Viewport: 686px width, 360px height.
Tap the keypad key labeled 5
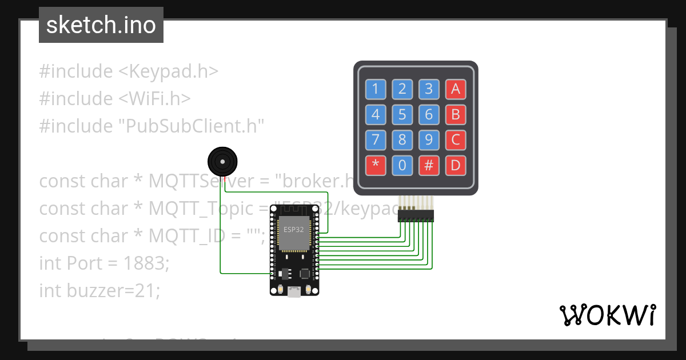(x=402, y=114)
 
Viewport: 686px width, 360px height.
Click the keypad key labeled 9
(x=429, y=140)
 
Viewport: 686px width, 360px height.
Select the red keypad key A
(x=456, y=89)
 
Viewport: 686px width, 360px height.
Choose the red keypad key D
(x=456, y=166)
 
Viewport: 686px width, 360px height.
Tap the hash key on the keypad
(x=429, y=166)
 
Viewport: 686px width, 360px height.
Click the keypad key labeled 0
(x=402, y=166)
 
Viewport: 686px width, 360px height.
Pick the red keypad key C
(x=456, y=140)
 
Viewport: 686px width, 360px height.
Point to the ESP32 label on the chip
(x=294, y=230)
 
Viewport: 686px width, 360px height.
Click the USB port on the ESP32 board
(x=294, y=291)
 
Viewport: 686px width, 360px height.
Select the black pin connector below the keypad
(x=416, y=216)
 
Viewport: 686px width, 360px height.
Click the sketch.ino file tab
(x=101, y=25)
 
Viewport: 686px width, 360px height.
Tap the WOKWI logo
(x=607, y=315)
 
